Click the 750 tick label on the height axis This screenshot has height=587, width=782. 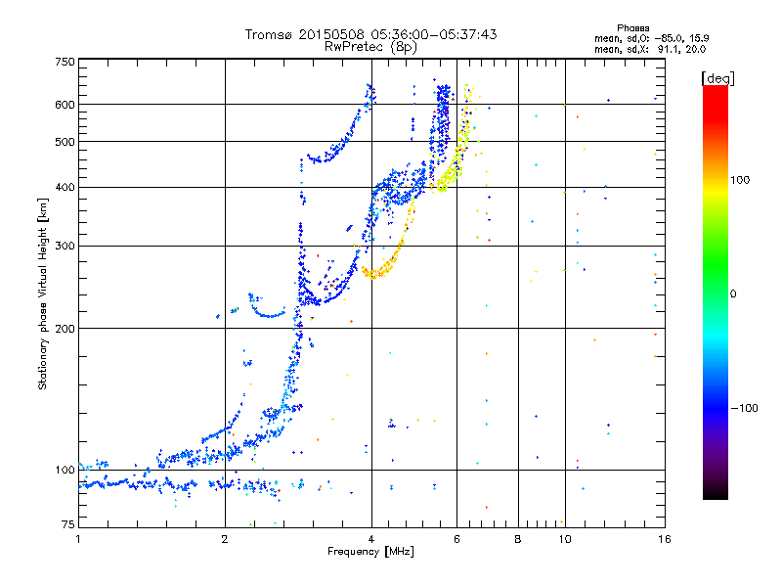coord(65,61)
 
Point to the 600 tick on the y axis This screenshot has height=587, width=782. coord(65,104)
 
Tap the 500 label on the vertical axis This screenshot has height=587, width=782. coord(65,141)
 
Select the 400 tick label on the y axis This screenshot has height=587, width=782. coord(65,187)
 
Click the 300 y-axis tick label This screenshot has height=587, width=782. coord(65,246)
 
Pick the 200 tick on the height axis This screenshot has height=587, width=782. coord(65,328)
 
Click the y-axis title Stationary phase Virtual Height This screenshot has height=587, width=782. coord(43,293)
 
